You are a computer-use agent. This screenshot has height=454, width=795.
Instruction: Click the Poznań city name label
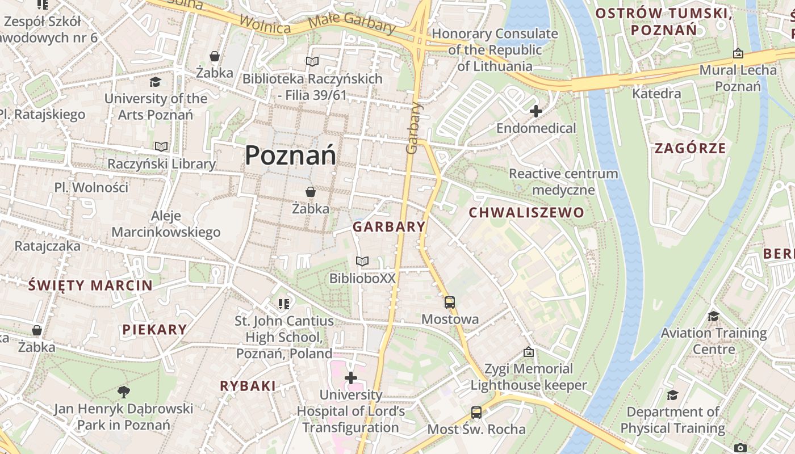(x=290, y=155)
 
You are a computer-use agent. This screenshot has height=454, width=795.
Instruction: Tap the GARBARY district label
(x=389, y=227)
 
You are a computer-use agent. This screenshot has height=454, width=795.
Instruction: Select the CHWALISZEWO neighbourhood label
(x=526, y=213)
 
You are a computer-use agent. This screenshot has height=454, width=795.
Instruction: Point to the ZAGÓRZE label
(x=690, y=149)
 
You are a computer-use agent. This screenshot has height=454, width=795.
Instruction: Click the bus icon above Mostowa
(x=450, y=302)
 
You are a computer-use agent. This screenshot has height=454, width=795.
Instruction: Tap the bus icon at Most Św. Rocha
(x=476, y=412)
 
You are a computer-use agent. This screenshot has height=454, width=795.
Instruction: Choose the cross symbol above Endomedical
(x=535, y=111)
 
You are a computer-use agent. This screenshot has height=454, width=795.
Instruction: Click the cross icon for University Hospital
(x=351, y=377)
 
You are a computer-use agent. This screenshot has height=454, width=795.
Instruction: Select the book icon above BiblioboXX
(x=362, y=261)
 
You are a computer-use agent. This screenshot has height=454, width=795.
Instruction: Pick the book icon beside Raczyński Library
(x=162, y=147)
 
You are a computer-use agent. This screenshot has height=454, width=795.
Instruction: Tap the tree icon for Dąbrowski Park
(x=123, y=391)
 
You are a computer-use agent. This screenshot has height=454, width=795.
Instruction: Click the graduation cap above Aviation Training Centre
(x=713, y=316)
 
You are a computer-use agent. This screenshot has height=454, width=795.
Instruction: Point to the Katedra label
(x=656, y=94)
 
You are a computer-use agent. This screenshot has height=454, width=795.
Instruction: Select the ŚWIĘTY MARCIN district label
(x=90, y=285)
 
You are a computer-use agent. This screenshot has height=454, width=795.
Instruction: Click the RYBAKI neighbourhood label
(x=248, y=386)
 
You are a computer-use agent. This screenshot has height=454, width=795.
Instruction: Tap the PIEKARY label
(x=154, y=330)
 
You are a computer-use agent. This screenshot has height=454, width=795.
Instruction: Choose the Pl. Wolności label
(x=91, y=187)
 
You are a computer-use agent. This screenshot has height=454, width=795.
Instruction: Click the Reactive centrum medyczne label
(x=563, y=182)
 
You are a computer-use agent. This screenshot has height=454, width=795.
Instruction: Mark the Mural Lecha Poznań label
(x=738, y=78)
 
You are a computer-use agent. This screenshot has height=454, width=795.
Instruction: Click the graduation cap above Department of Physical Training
(x=672, y=395)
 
